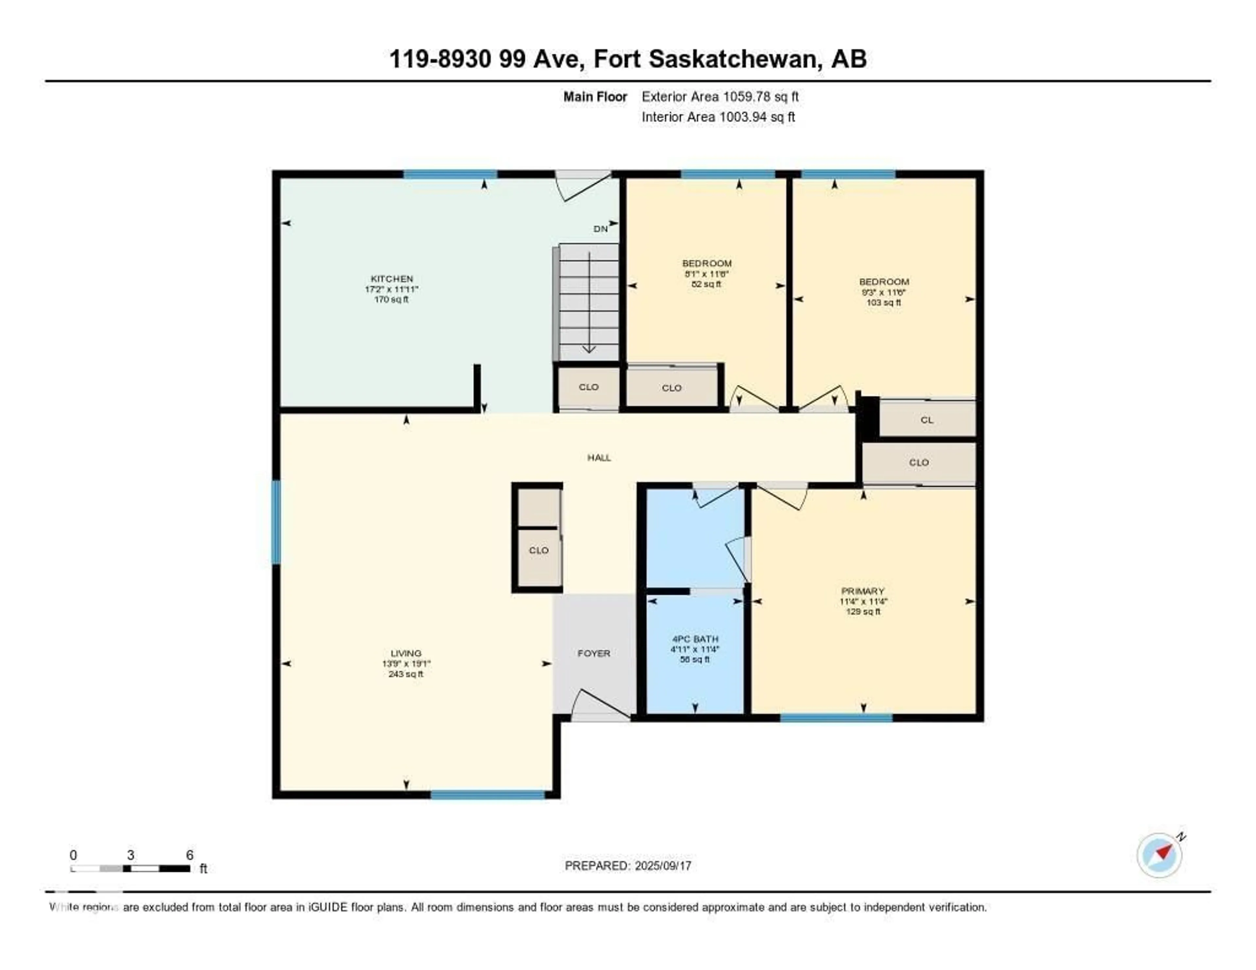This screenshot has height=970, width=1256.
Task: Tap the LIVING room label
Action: (x=406, y=653)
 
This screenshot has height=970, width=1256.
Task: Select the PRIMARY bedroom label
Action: (x=863, y=591)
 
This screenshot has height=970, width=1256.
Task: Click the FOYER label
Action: (x=594, y=653)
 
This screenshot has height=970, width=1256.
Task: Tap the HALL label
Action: (x=599, y=458)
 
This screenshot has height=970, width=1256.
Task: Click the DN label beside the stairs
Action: (x=601, y=229)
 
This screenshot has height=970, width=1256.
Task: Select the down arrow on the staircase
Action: (x=589, y=348)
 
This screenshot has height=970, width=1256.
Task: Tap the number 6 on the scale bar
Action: (x=190, y=855)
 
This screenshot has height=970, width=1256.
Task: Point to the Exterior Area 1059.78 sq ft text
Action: (x=720, y=96)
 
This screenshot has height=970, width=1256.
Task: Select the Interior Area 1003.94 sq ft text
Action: (x=718, y=117)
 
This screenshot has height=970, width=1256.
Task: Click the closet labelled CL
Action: (x=927, y=420)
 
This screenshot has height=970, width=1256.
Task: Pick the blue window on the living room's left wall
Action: (x=276, y=522)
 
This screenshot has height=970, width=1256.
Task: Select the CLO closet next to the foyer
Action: (x=538, y=550)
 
